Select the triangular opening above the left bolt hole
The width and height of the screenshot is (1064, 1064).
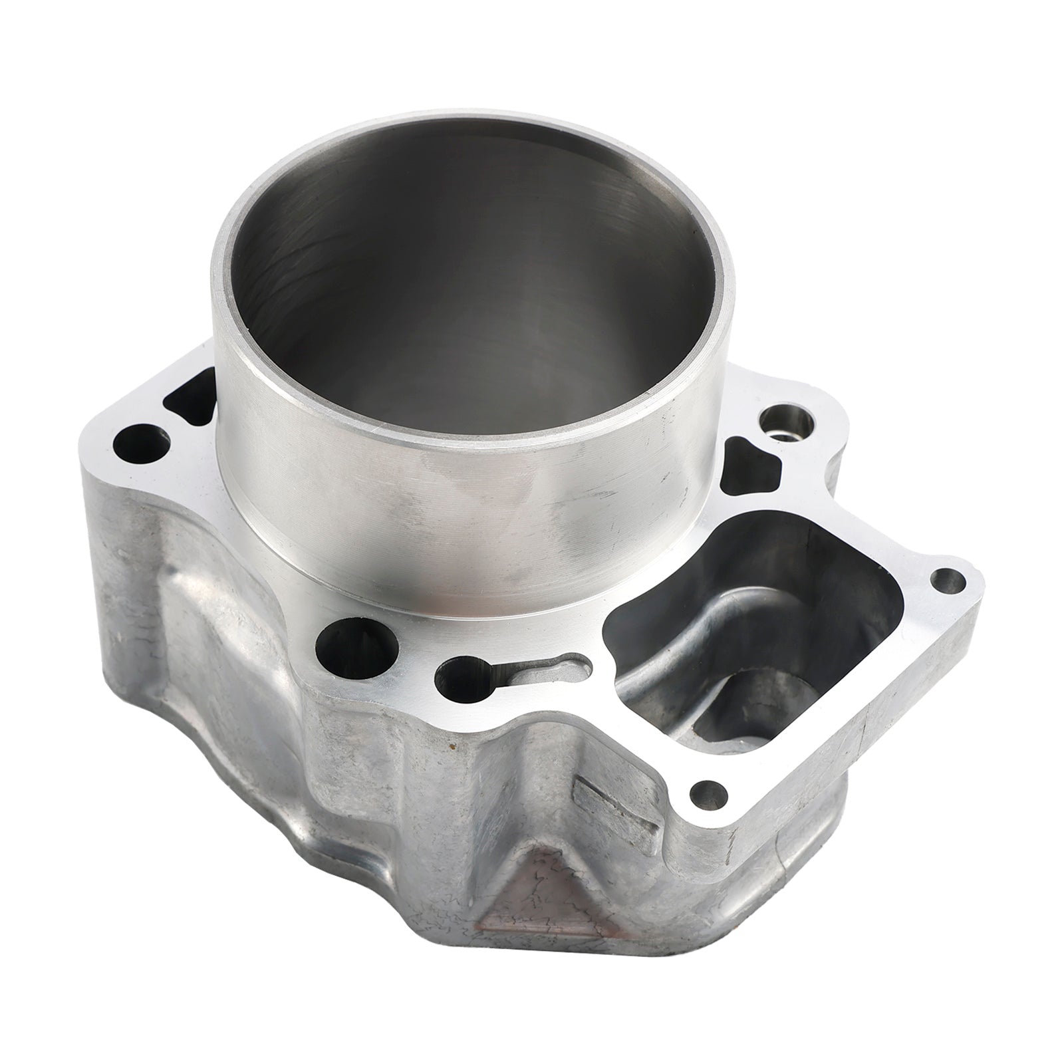click(190, 399)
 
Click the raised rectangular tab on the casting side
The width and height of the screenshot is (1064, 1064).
click(615, 809)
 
